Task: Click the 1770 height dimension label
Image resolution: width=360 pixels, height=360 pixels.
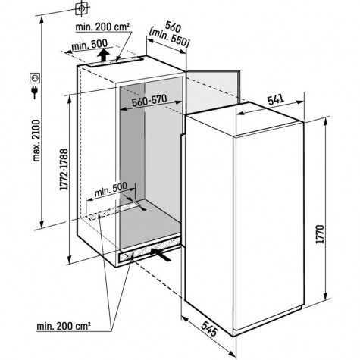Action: coord(320,234)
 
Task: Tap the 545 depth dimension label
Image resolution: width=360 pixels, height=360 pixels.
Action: coord(209,328)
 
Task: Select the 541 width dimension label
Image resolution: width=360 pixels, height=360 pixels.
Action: coord(276,99)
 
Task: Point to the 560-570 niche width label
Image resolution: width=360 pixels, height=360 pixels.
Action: coord(149,101)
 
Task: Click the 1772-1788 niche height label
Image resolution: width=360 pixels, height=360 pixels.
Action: coord(64,170)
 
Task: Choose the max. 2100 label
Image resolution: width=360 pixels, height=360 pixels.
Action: coord(36,140)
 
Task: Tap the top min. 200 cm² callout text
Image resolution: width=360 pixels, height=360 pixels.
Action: coord(103,27)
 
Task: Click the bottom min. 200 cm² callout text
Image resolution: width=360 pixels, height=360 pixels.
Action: coord(64,326)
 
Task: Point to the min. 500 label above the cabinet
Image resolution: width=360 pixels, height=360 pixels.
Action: coord(89,45)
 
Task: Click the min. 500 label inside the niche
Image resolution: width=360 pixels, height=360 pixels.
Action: coord(111,189)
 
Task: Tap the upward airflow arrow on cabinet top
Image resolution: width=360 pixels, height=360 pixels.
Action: coord(104,55)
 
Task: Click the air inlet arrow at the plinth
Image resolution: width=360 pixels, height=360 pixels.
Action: coord(161,255)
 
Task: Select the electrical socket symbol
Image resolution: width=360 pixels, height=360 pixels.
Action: coord(35,78)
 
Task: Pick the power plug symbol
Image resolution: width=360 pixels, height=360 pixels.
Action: coord(35,92)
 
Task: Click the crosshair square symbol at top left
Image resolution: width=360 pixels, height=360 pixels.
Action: coord(81,9)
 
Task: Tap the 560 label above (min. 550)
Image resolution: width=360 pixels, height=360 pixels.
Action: coord(173,27)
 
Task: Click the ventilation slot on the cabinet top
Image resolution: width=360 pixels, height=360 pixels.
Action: coord(115,62)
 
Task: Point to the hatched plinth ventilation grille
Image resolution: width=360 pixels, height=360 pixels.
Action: coord(149,251)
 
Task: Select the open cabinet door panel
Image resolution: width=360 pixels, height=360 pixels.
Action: coord(213,92)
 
